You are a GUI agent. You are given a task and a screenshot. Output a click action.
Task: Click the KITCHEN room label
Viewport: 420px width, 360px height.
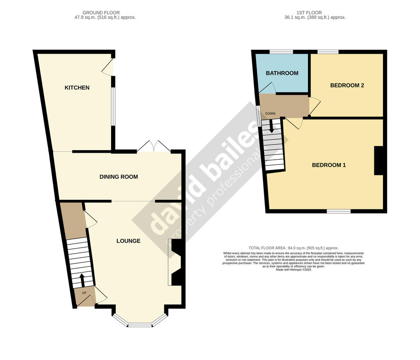pos(77,88)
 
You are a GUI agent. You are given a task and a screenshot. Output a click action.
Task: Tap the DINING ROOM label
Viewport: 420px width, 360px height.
pos(119,177)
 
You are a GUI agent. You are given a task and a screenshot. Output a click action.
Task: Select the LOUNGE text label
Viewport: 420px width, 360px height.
pos(128,241)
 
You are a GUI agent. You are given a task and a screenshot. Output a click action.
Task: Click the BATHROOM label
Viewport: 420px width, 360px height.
pos(282,73)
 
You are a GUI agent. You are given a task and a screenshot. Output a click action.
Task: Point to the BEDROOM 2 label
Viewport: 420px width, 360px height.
pos(347,85)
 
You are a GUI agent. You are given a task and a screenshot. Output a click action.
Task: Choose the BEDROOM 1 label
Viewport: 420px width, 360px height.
pos(329,165)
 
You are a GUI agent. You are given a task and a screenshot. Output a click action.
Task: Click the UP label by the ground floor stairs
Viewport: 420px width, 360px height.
pos(84,293)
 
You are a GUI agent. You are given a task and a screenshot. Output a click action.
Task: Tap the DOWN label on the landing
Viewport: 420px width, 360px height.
pos(270,113)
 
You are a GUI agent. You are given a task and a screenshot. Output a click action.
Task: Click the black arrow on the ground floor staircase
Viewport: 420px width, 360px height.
pos(82,280)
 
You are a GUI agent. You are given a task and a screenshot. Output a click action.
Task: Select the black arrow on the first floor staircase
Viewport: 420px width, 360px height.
pos(272,126)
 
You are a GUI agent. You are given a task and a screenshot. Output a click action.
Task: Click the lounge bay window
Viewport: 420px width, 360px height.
pos(140,321)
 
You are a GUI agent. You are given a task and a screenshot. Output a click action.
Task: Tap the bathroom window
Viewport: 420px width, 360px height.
pos(281,52)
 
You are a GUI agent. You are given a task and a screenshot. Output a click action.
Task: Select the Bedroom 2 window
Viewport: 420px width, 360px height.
pos(328,52)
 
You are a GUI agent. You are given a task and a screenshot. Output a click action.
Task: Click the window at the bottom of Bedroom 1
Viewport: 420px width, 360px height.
pos(338,211)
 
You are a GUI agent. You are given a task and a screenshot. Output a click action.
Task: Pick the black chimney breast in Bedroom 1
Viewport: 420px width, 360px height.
pos(379,161)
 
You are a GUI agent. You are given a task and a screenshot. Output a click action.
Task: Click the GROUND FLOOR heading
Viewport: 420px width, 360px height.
pos(101,13)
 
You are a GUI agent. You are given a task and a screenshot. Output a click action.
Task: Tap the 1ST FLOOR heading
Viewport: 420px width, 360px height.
pos(309,13)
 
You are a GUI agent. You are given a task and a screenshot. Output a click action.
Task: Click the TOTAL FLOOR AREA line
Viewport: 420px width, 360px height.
pos(293,248)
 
